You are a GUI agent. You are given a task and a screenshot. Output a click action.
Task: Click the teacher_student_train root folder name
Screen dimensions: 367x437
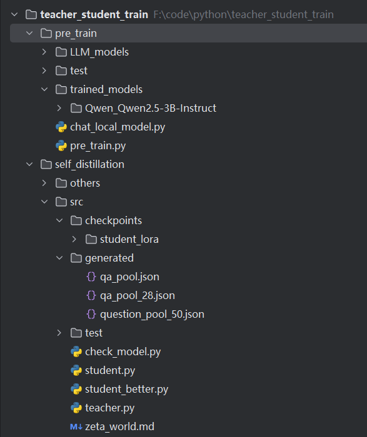click(94, 14)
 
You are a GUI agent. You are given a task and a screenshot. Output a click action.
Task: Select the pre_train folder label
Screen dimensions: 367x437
click(76, 34)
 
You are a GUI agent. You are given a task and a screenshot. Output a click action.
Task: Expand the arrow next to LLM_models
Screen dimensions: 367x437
click(44, 52)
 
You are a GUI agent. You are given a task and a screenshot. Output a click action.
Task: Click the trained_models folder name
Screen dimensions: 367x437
click(106, 89)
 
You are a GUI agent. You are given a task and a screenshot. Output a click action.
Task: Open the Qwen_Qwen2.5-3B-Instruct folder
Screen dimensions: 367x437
click(151, 108)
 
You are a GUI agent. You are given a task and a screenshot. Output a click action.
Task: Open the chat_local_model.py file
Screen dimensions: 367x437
click(118, 127)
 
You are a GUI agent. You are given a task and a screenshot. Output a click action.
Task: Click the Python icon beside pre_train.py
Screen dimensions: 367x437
click(61, 145)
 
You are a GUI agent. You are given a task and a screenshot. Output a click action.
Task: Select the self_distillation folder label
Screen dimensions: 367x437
click(89, 164)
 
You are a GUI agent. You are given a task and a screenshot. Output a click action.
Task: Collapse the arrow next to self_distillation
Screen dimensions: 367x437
click(29, 164)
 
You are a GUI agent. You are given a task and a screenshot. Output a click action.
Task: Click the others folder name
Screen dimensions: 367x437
click(85, 183)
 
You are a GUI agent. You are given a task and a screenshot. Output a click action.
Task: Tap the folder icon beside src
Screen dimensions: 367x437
click(61, 202)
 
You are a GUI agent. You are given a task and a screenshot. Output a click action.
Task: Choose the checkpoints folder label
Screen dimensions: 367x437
click(113, 220)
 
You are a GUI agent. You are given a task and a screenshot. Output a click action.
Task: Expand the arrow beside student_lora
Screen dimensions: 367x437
click(74, 239)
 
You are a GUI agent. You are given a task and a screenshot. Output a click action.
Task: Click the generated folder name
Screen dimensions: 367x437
click(109, 258)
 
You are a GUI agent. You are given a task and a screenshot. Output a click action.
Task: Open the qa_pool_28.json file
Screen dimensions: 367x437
click(138, 295)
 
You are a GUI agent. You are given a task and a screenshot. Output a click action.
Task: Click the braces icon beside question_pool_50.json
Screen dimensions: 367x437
click(91, 314)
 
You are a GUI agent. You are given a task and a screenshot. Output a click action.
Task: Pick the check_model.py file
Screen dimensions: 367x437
click(123, 351)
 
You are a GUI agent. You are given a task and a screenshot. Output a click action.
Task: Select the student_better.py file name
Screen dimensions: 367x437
click(126, 389)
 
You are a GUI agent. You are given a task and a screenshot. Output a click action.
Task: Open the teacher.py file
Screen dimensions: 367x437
click(109, 408)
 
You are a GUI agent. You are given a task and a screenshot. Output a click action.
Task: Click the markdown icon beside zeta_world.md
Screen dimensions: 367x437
click(76, 426)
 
